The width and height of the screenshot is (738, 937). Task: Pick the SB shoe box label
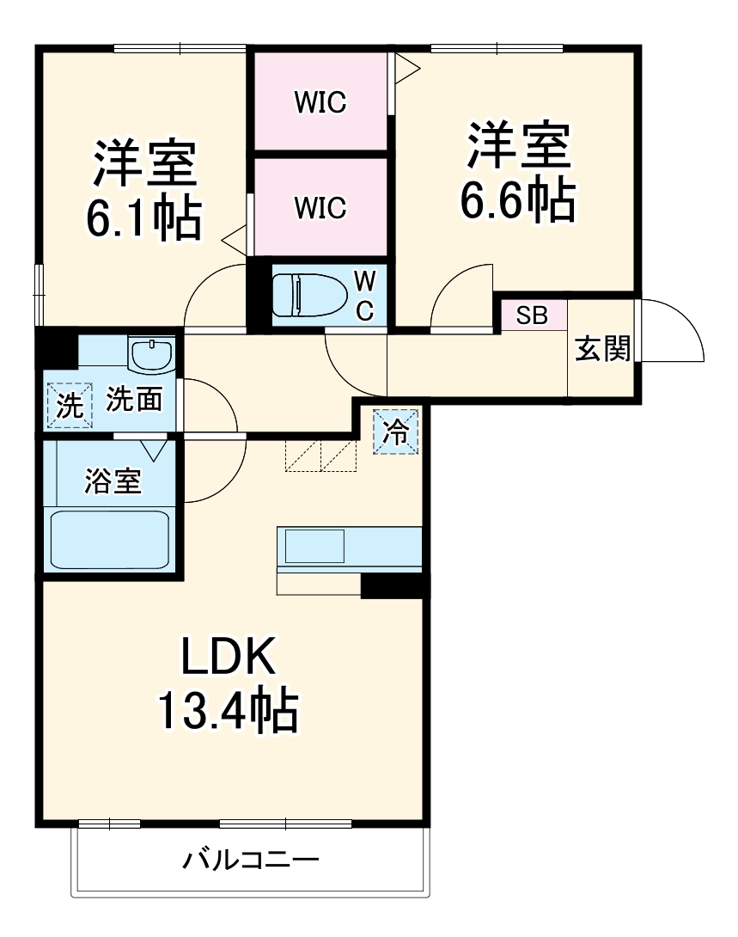532,315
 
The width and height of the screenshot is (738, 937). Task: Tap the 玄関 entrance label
602,348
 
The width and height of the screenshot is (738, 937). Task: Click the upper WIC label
320,102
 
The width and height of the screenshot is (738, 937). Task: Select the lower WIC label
320,207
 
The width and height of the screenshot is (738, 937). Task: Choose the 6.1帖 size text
143,219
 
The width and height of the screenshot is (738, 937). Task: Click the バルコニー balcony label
251,859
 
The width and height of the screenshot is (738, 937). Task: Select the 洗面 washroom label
134,400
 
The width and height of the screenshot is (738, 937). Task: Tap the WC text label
365,295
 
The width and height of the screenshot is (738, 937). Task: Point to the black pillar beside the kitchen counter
393,585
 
